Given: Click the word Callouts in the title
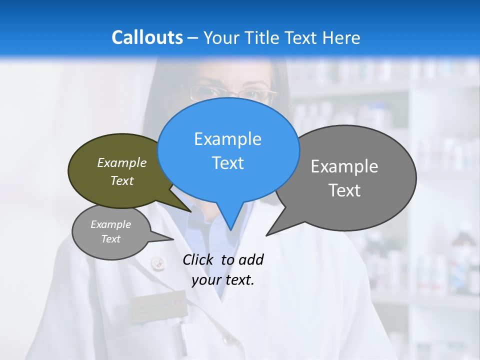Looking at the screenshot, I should (147, 37).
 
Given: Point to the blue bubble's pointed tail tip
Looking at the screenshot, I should (230, 230).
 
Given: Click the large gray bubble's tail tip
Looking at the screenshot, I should (266, 235).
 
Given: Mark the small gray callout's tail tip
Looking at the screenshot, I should (173, 239).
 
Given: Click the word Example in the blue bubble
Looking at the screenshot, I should (227, 139).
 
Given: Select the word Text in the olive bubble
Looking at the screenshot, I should (122, 181).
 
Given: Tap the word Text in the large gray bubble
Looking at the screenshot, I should (344, 190).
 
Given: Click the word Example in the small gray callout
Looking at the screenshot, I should (110, 224).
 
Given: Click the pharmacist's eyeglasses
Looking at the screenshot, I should (232, 93).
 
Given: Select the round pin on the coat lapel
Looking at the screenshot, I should (157, 261).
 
